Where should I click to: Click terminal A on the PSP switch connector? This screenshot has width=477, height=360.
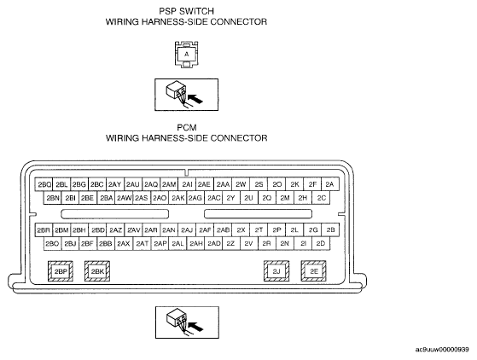pos(187,54)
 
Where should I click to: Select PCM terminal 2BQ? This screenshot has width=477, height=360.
pos(44,184)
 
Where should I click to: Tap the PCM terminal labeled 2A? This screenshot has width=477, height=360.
pos(329,184)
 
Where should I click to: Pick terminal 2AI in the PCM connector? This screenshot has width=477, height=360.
pos(187,184)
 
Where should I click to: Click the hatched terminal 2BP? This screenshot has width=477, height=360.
pos(61,271)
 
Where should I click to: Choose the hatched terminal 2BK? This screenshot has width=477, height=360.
pos(97,271)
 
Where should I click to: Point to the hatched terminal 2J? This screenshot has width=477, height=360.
pos(276,271)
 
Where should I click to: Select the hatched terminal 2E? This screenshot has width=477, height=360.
pos(314,271)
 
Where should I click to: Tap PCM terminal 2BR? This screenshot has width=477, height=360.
pos(44,230)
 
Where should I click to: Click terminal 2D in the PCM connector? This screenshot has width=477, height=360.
pos(321,243)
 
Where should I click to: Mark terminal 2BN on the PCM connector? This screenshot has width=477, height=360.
pos(53,198)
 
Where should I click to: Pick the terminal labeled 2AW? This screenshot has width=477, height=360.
pos(124,198)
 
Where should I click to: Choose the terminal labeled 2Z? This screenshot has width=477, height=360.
pos(231,243)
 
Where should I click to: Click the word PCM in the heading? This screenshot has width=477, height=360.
pos(187,127)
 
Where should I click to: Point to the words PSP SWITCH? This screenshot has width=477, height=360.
pos(187,11)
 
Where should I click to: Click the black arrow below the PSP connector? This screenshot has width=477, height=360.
pos(195,99)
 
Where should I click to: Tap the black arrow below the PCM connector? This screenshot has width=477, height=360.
pos(195,327)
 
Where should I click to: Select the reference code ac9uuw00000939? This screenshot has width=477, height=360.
pos(442,350)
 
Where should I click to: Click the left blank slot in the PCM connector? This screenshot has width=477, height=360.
pos(114,214)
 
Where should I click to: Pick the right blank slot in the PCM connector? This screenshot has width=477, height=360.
pos(258,214)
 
